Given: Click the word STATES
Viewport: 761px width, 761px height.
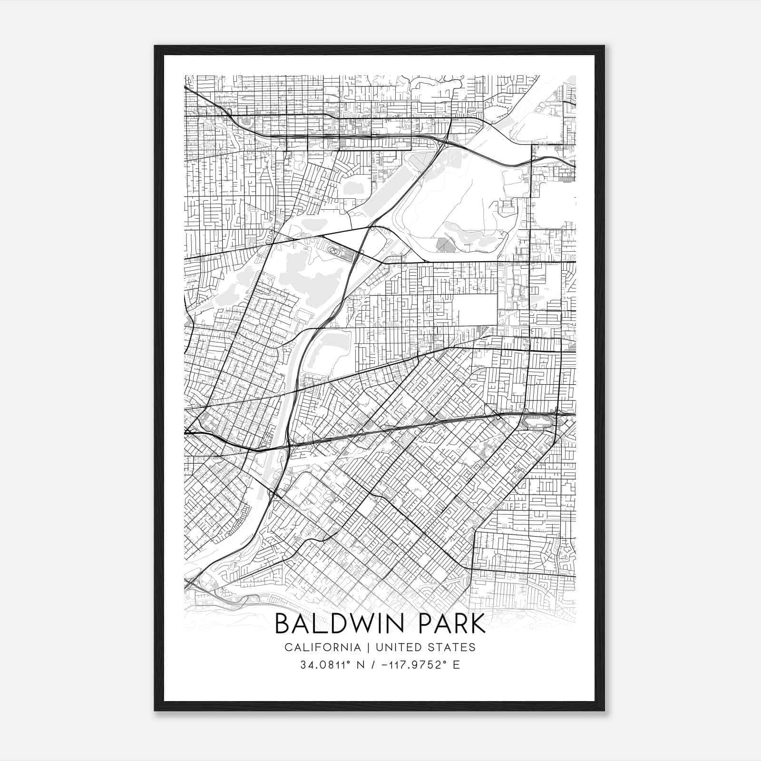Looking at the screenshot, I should [453, 647].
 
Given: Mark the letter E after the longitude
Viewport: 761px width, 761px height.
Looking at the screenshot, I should [456, 665].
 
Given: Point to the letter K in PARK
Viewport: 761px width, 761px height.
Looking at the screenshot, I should [477, 624].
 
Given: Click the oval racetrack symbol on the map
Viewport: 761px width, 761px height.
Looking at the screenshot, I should [333, 249].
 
